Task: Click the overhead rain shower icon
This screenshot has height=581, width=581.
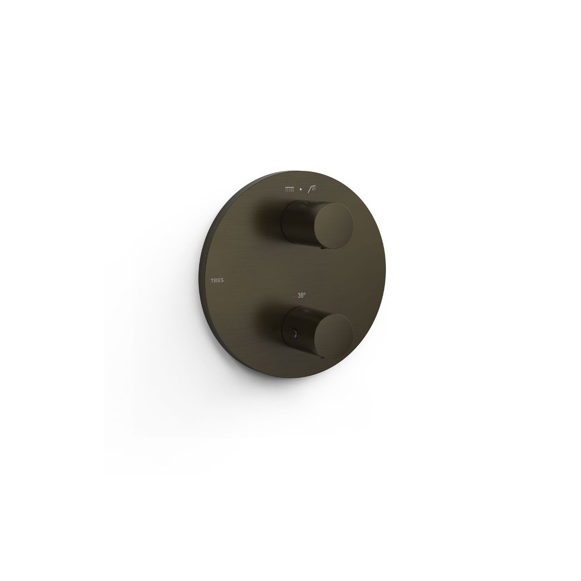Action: click(289, 190)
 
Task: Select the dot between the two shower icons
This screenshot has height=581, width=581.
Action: click(300, 190)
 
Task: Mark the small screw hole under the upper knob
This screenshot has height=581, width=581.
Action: click(322, 240)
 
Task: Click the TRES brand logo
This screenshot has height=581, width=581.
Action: click(217, 281)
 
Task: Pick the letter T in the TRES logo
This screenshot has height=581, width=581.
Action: click(212, 281)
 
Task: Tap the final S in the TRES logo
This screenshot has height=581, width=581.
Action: click(222, 281)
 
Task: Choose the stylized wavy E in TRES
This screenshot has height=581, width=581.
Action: click(219, 281)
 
